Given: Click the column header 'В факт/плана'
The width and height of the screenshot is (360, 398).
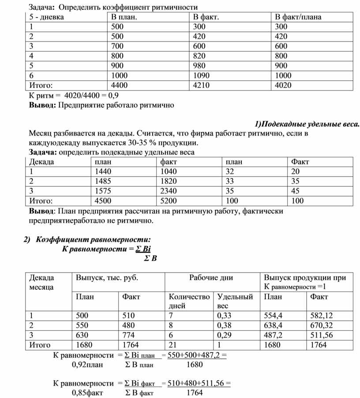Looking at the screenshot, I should tap(298, 17).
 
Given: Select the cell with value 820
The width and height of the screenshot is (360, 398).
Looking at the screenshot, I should tap(201, 56).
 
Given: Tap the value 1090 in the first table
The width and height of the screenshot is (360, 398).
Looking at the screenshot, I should tap(202, 76).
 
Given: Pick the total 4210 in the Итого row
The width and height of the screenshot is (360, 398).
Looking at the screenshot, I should tap(202, 85).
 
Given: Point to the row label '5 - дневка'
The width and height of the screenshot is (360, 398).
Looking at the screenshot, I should tap(46, 17).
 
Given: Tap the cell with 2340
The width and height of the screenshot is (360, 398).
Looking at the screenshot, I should tap(169, 191).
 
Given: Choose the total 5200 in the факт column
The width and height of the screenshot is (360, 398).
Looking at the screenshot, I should tap(169, 201).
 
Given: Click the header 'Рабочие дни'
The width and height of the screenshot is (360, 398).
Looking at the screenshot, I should tap(211, 278).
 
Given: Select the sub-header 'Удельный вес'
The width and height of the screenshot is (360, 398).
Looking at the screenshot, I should tap(235, 301).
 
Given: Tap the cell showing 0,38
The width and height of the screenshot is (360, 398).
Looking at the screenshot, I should tap(224, 326).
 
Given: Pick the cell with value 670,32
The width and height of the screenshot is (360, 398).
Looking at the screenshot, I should tap(322, 326).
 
